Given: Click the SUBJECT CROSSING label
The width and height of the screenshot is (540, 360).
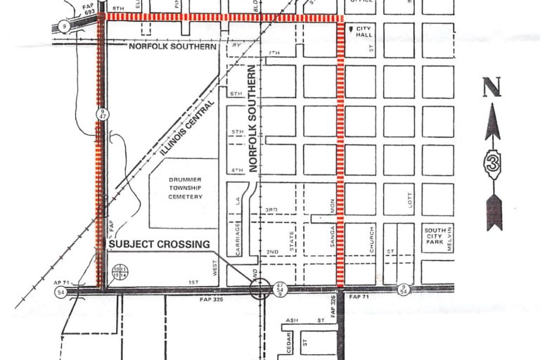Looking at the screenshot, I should point(159,244).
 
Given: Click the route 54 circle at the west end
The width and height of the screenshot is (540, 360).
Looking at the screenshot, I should point(63,292).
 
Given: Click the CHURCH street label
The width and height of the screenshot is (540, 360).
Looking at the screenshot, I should point(371,239).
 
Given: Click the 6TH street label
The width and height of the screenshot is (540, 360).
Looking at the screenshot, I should point(236,94).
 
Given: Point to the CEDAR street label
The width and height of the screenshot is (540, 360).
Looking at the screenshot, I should point(288,343).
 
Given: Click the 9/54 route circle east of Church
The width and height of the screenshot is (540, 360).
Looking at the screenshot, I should point(404,288).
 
